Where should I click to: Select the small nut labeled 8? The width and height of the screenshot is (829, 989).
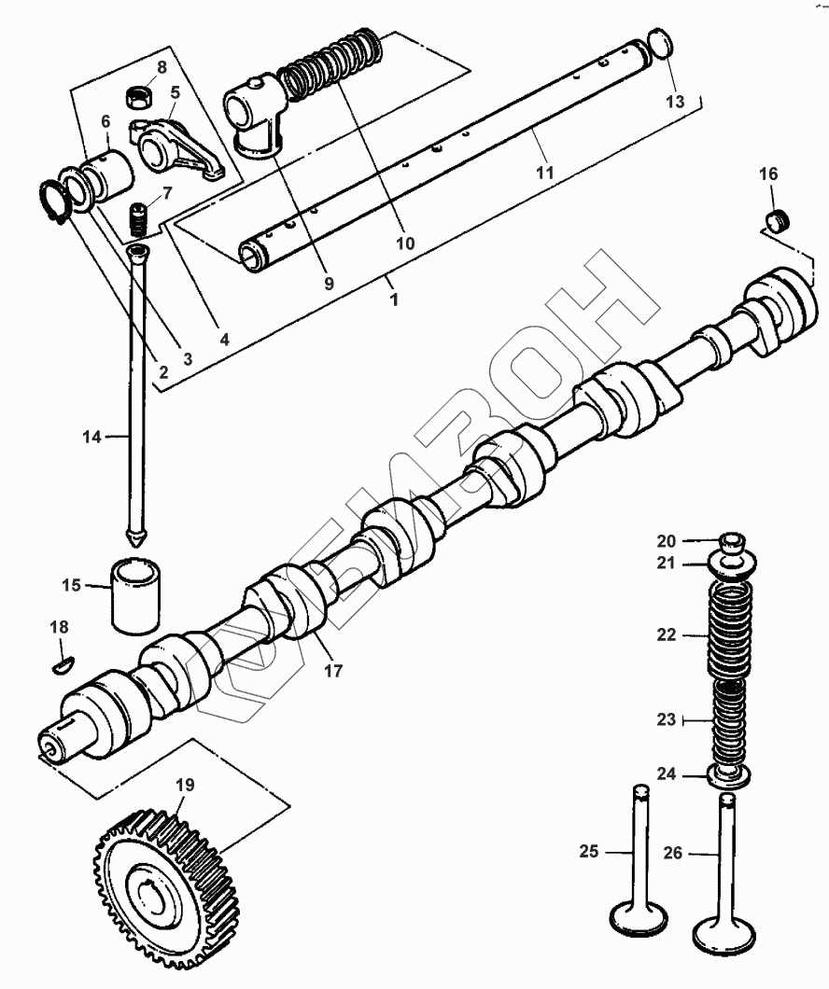[x=139, y=95]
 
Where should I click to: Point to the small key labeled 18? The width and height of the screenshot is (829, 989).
[x=60, y=664]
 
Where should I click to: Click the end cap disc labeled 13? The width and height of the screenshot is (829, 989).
[x=661, y=44]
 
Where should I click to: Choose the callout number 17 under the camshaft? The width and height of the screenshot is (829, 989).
[x=333, y=670]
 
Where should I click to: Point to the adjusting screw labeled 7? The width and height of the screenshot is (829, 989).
[x=139, y=222]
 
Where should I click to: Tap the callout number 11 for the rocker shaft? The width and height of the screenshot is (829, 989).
[x=545, y=173]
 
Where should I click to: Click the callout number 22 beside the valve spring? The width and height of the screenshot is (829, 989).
[x=666, y=635]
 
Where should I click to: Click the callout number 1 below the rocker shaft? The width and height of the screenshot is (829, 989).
[x=393, y=300]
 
